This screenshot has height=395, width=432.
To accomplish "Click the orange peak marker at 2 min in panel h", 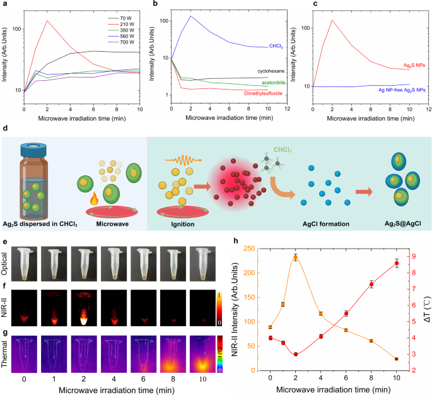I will pyautogui.click(x=295, y=257).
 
